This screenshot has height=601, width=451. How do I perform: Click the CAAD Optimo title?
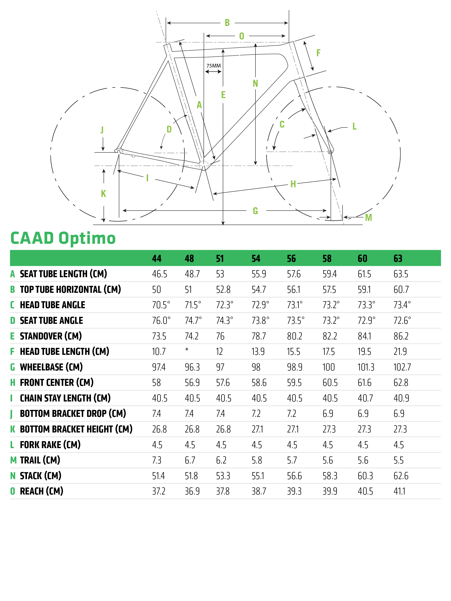pos(63,238)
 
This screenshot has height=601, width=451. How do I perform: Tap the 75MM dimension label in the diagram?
pos(213,66)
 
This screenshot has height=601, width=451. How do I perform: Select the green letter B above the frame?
pos(227,23)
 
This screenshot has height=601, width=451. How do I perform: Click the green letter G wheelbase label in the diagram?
pos(255,211)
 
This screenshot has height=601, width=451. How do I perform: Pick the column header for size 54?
pos(256,258)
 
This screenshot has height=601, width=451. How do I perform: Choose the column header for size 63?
pos(398,258)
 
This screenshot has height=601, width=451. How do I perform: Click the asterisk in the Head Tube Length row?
pos(187,350)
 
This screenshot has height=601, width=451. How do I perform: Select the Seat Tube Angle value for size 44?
pos(161,321)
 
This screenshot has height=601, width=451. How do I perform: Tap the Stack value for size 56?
pos(294,476)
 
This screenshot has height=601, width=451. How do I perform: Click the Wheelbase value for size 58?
pos(329,367)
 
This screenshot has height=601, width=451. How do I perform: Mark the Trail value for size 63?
pos(399,460)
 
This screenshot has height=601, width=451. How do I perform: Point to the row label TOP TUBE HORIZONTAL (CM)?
pos(70,290)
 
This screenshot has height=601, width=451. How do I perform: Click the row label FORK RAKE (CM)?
pos(50,445)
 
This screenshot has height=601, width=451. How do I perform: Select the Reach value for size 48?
pos(192,491)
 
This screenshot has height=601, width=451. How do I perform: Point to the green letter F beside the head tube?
pos(318,53)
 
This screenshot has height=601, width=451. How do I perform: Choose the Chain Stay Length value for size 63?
pos(401,398)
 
